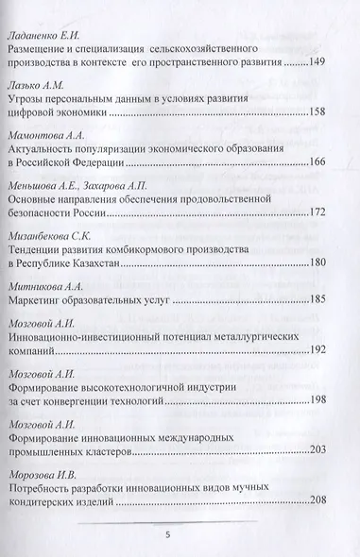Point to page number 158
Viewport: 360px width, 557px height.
(317, 112)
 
